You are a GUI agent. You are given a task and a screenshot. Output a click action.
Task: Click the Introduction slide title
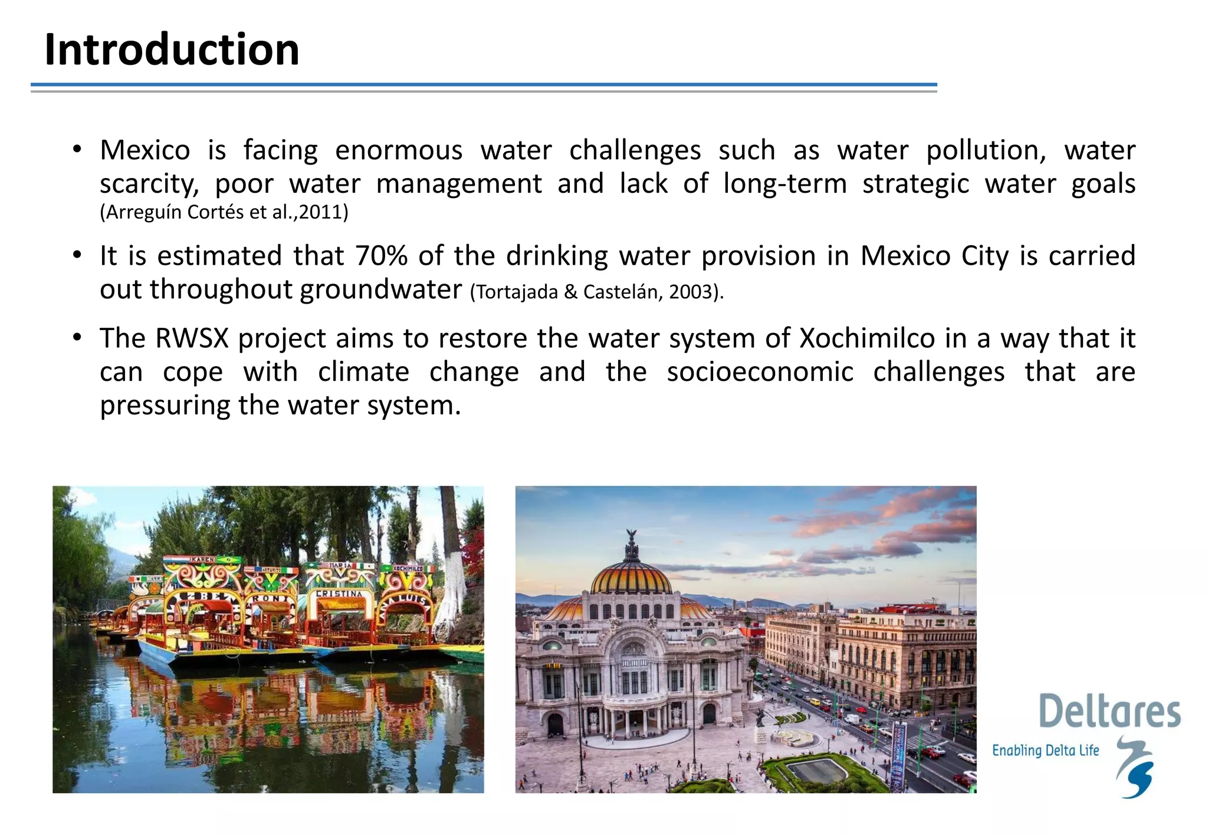(172, 50)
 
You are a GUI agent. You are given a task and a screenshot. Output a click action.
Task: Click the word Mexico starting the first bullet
(145, 150)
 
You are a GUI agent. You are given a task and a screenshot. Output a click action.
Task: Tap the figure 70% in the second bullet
(381, 256)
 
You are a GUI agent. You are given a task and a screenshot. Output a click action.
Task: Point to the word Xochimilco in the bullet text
(867, 339)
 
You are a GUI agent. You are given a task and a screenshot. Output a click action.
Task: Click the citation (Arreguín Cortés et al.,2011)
(224, 212)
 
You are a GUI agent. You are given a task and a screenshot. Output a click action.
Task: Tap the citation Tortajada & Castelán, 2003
(596, 292)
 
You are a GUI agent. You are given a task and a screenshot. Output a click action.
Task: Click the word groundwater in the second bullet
(380, 290)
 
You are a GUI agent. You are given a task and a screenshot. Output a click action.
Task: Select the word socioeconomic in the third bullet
(760, 373)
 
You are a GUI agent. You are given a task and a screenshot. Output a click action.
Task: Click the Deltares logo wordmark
(1109, 712)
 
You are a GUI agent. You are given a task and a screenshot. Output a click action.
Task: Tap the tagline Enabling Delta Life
(1045, 751)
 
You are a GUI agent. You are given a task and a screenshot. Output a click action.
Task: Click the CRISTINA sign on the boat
(339, 594)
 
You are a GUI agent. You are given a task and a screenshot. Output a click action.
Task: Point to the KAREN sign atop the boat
(202, 559)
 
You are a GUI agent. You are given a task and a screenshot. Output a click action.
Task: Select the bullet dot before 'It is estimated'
(77, 256)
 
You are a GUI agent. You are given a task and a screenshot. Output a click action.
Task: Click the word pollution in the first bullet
(986, 150)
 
